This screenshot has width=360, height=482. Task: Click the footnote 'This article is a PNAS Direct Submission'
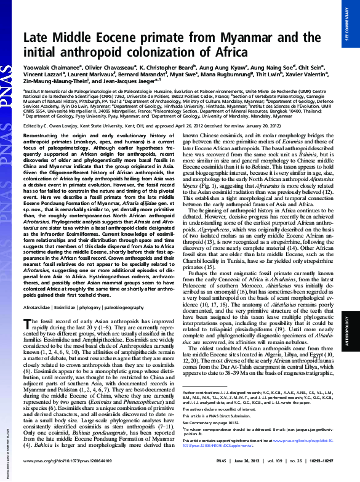(228, 433)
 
